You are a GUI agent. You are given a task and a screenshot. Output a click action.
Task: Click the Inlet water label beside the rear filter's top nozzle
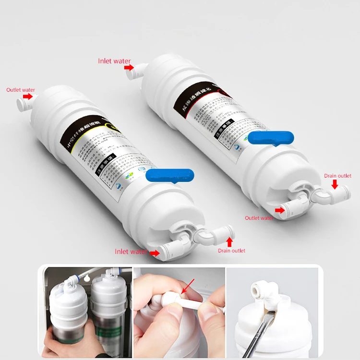(114, 61)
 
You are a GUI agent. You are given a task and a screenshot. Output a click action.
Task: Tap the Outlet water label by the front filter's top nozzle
(21, 90)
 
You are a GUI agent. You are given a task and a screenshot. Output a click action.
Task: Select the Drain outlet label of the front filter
(231, 251)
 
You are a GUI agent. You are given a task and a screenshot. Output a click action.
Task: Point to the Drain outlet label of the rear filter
(337, 176)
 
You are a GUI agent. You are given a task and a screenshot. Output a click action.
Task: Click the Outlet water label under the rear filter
(259, 218)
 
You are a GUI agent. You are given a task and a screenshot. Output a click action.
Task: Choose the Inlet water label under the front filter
(131, 252)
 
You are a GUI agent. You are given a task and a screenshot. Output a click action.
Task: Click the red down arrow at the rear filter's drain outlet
(335, 184)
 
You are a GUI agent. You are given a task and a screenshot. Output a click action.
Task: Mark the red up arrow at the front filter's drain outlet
(229, 241)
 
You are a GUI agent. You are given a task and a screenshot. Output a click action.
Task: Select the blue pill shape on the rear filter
(271, 137)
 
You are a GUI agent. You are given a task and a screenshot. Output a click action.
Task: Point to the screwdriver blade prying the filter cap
(262, 331)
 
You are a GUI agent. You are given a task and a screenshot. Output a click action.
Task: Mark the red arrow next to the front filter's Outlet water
(28, 96)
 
